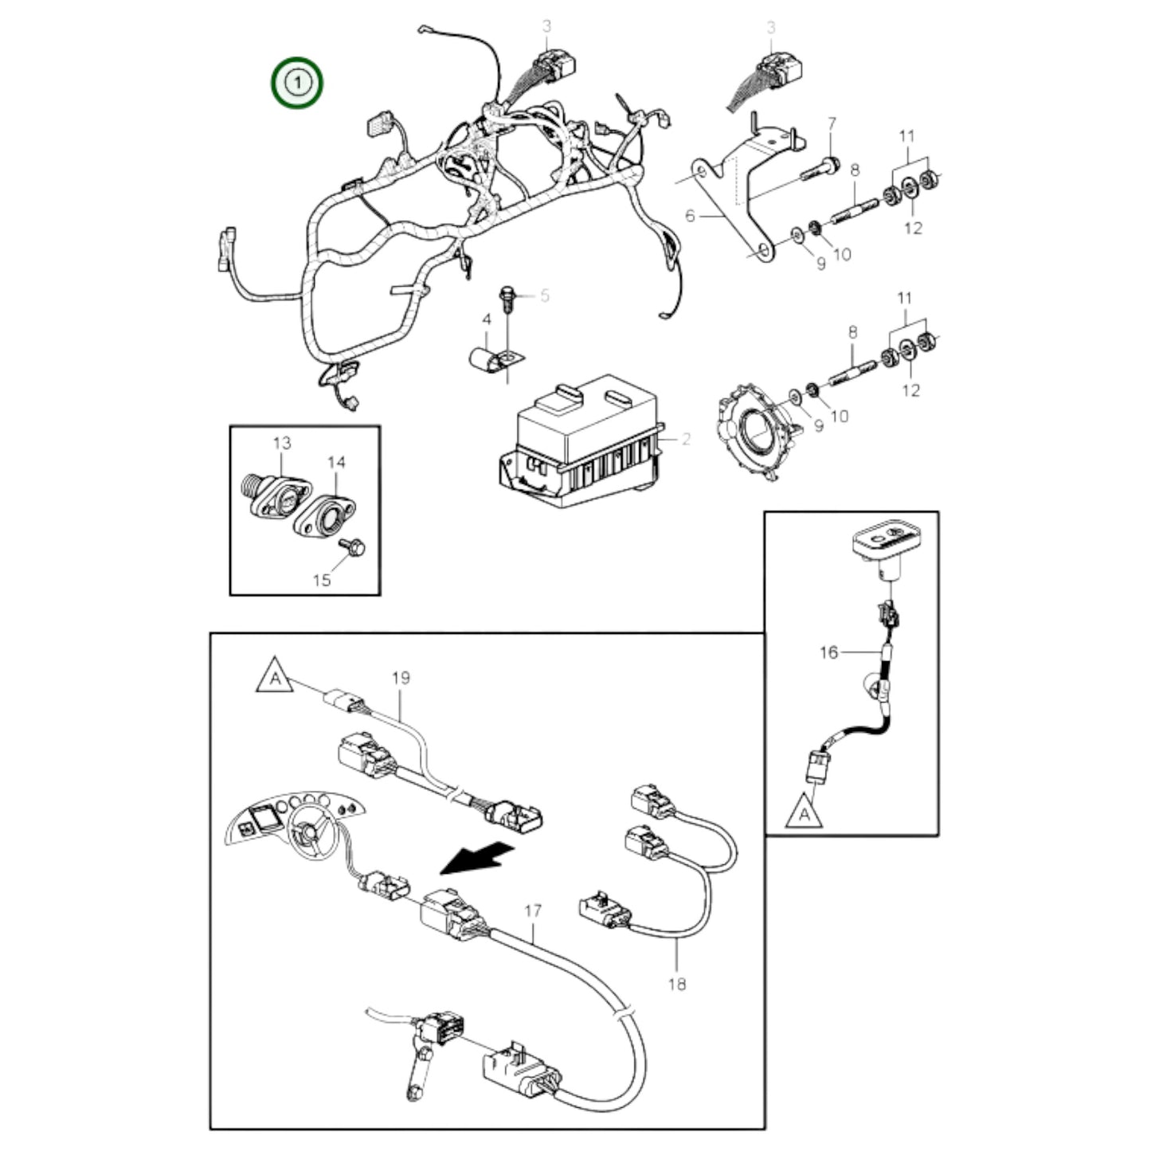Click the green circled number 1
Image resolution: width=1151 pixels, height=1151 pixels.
[x=297, y=82]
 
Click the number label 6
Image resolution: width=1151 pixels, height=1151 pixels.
[x=690, y=215]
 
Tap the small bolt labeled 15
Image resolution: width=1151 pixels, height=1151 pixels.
[x=351, y=546]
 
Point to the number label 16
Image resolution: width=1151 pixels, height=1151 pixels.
[x=828, y=652]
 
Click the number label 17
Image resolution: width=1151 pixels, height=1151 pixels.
[x=533, y=910]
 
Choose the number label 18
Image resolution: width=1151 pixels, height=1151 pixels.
[x=676, y=984]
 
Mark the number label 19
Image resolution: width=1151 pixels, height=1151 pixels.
[x=401, y=678]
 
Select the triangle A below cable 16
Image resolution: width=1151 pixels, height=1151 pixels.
[x=804, y=812]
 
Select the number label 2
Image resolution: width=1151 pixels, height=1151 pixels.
[x=686, y=439]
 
